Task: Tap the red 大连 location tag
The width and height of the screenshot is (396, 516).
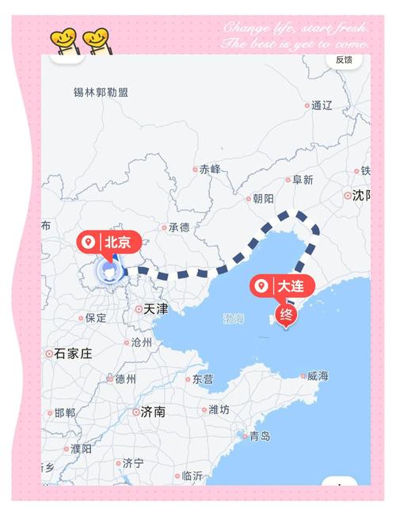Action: [283, 285]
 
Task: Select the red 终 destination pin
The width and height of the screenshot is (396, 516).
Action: [287, 315]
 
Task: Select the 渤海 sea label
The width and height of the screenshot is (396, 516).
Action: [234, 319]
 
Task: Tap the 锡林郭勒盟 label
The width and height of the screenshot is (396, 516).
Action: [101, 93]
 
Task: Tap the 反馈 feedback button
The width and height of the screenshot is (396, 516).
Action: [344, 59]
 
